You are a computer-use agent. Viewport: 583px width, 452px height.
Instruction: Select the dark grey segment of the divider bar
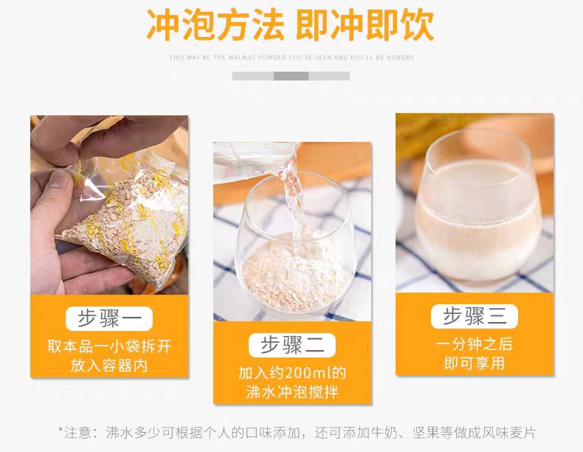291,76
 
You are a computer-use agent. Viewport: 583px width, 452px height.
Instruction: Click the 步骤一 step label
108,318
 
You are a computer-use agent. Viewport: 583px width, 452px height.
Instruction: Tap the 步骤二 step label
292,345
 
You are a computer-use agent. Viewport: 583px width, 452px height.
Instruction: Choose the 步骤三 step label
475,316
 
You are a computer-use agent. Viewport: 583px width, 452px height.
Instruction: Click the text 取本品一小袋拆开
108,346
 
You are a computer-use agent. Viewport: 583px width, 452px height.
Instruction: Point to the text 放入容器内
108,366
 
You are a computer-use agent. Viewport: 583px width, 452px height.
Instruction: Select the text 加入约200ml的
292,373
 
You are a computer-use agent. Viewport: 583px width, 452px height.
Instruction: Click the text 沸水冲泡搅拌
292,392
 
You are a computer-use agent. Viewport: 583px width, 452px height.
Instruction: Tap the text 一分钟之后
475,344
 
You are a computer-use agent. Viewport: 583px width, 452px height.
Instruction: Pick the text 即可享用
475,363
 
